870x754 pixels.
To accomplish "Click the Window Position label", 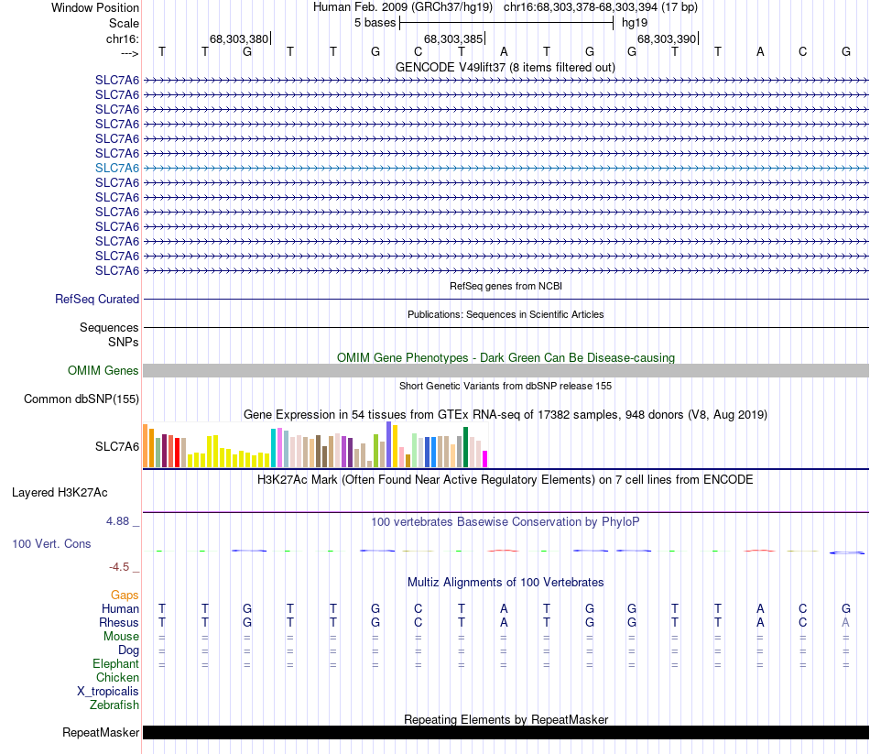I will point(95,7).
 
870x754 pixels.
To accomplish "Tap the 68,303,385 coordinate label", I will point(452,38).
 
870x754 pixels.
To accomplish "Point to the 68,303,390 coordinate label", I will point(667,38).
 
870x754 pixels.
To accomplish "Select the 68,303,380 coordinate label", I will point(238,38).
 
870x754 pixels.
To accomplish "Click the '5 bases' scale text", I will point(375,22).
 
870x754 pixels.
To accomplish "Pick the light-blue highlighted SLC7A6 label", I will point(117,168).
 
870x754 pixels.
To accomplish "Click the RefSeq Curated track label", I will point(97,299).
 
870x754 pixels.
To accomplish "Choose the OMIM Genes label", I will point(103,370).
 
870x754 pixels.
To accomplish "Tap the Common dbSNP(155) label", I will point(82,399).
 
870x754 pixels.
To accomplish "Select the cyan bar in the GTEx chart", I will point(273,447).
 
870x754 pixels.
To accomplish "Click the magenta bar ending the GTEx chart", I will point(485,458).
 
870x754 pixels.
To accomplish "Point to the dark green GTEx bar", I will point(466,446).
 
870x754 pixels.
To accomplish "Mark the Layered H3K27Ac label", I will point(60,492).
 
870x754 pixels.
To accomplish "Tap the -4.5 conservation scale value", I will point(121,566).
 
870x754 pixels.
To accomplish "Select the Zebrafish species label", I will point(114,705).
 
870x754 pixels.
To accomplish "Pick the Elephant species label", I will point(115,663).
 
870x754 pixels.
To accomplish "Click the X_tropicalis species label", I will point(108,691).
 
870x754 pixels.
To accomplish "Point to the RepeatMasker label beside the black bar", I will point(101,732).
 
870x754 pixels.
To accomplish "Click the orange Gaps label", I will point(125,595).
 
